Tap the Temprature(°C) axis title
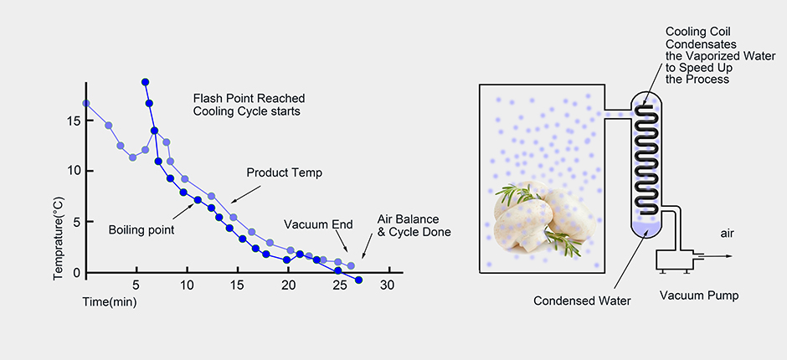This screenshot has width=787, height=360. (x=59, y=215)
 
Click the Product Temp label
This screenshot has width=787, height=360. (x=284, y=172)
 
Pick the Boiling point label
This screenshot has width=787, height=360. (x=140, y=229)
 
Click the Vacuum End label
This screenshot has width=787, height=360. (x=317, y=224)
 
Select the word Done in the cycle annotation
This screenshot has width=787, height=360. (x=435, y=232)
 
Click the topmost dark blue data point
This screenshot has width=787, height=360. (x=146, y=82)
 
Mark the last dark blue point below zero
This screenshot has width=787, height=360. (x=358, y=280)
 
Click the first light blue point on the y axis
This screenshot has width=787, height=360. (x=86, y=104)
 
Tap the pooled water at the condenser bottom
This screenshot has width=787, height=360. (x=646, y=225)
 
